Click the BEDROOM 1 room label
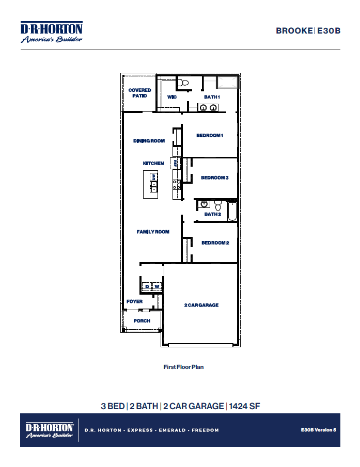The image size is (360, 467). pos(209,136)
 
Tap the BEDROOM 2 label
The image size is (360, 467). pos(215,243)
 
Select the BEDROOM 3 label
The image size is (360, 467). pos(214,178)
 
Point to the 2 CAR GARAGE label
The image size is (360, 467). pos(201,305)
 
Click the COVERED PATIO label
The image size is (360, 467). pos(139,93)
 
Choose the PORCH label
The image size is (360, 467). pos(142,320)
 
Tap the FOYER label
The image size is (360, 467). pos(134,301)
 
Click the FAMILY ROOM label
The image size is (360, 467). pos(153,232)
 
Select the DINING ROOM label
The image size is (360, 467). pos(149,141)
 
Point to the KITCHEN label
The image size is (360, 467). pos(153,163)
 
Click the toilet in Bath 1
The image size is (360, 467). pos(183,82)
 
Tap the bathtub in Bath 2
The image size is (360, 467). pos(231,211)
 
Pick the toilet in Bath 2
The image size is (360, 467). pos(218,203)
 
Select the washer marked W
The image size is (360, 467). pos(157,286)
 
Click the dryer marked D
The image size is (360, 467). pos(147,286)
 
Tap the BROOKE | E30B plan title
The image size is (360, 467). pos(308,30)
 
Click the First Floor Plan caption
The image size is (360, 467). pos(183,367)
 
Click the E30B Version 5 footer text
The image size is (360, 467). pos(318,429)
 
